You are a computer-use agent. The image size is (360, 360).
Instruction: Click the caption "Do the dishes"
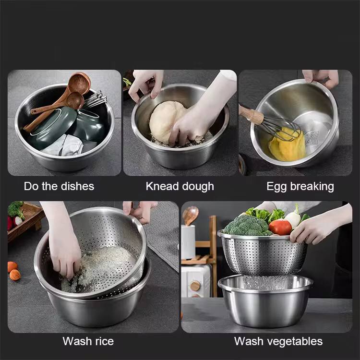point(59,186)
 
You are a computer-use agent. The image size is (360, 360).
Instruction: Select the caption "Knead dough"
point(180,186)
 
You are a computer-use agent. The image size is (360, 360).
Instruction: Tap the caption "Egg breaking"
point(300,186)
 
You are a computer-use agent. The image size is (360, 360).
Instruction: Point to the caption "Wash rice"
point(88,341)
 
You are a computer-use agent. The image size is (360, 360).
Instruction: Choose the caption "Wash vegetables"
point(278,341)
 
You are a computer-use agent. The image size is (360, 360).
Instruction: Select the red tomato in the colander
point(280,227)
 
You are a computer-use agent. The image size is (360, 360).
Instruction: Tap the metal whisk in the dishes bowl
point(95,99)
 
